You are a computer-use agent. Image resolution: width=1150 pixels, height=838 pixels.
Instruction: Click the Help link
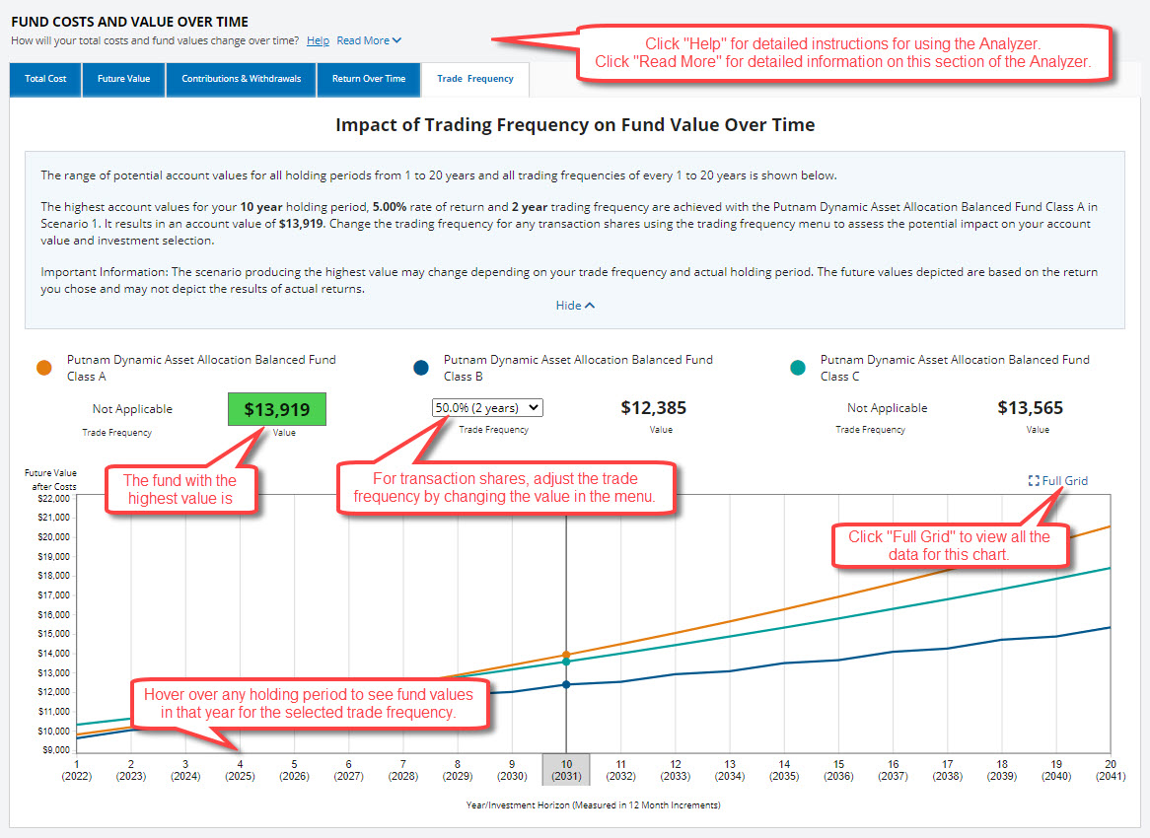pyautogui.click(x=318, y=41)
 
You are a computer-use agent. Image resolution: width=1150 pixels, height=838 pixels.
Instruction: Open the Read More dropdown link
pyautogui.click(x=369, y=41)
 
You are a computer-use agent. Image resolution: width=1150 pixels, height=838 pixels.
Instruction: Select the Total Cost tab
pyautogui.click(x=45, y=79)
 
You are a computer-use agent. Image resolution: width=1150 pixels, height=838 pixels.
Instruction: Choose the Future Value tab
pyautogui.click(x=123, y=79)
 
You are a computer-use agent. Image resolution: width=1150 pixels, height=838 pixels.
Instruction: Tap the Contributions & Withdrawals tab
pyautogui.click(x=241, y=79)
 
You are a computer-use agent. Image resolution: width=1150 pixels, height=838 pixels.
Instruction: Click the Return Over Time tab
pyautogui.click(x=368, y=79)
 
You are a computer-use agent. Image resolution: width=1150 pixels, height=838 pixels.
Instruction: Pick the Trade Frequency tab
pyautogui.click(x=474, y=79)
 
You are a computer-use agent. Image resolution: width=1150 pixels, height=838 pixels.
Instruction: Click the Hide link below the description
pyautogui.click(x=575, y=306)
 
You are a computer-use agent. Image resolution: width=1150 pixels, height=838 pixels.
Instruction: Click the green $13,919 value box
pyautogui.click(x=277, y=409)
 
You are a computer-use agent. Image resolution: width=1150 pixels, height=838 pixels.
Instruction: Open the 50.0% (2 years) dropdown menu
pyautogui.click(x=487, y=407)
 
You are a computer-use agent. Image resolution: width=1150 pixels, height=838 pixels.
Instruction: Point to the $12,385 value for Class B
pyautogui.click(x=653, y=408)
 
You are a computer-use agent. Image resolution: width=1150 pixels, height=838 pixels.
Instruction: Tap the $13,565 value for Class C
pyautogui.click(x=1030, y=408)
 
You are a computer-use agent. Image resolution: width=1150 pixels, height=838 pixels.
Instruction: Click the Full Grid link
pyautogui.click(x=1057, y=481)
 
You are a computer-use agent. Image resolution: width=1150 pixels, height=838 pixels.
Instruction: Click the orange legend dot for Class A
pyautogui.click(x=43, y=368)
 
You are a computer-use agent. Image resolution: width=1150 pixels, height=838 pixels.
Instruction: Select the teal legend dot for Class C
pyautogui.click(x=797, y=368)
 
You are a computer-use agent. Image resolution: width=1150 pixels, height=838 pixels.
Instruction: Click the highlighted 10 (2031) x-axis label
pyautogui.click(x=566, y=770)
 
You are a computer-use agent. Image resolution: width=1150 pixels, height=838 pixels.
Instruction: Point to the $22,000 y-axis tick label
pyautogui.click(x=51, y=498)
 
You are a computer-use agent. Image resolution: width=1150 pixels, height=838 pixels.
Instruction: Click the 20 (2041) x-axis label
pyautogui.click(x=1110, y=770)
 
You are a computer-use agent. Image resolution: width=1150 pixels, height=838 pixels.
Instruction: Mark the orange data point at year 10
pyautogui.click(x=566, y=655)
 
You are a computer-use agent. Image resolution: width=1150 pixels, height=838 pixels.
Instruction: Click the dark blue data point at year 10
pyautogui.click(x=566, y=684)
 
